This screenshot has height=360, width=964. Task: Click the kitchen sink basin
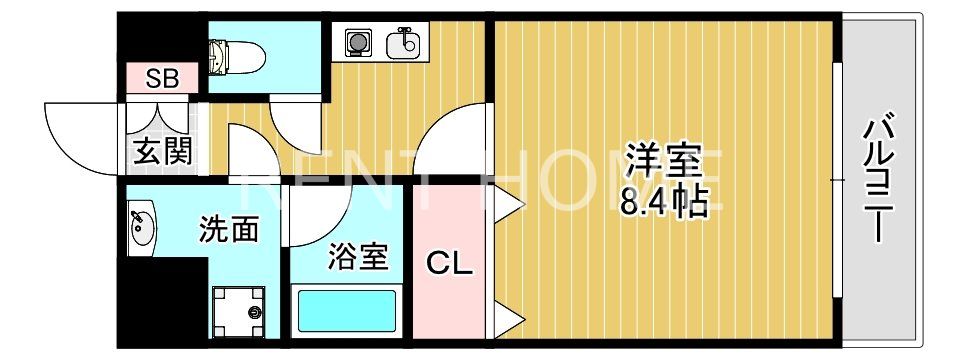[406, 43]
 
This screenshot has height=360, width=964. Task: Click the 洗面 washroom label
[229, 230]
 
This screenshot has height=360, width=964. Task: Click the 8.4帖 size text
[664, 203]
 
